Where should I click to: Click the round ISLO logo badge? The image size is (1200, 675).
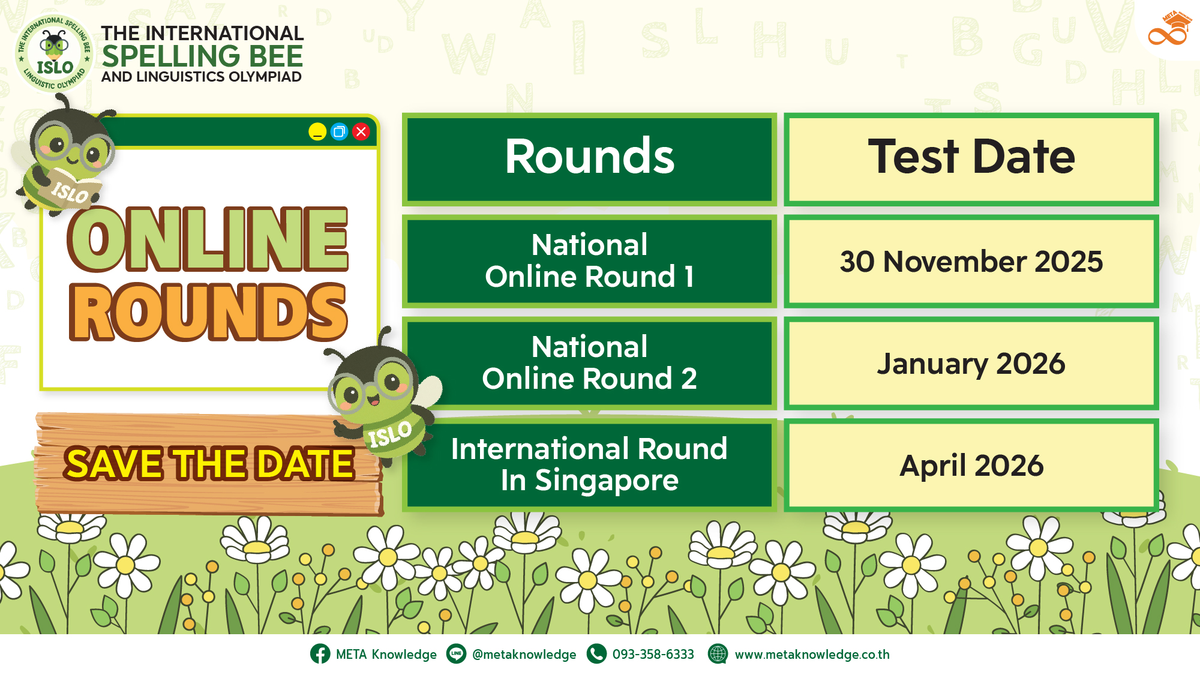coord(55,53)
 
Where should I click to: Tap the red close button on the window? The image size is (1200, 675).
coord(361,131)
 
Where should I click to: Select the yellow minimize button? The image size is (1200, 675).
coord(317,131)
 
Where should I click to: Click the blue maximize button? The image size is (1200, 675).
coord(339,131)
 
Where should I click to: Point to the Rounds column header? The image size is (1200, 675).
coord(589,159)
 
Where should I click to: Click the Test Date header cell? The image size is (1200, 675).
coord(971,159)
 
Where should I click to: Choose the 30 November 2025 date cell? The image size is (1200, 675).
coord(971,261)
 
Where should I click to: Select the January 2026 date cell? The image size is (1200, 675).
coord(971,363)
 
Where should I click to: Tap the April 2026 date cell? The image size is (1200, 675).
coord(971,465)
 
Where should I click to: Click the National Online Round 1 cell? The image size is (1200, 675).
coord(589,261)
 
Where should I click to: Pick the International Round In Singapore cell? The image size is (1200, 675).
coord(589,465)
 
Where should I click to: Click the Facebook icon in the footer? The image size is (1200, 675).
coord(320,653)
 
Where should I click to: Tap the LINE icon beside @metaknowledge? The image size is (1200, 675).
coord(456,653)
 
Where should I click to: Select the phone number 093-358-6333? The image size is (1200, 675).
coord(653,654)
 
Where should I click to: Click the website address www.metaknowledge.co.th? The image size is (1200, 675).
coord(812,655)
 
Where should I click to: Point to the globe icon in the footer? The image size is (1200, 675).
coord(718,653)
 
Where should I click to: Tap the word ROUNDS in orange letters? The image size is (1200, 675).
coord(208,312)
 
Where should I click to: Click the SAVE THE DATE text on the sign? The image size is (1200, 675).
coord(209,464)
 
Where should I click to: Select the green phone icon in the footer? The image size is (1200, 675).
coord(596,653)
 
